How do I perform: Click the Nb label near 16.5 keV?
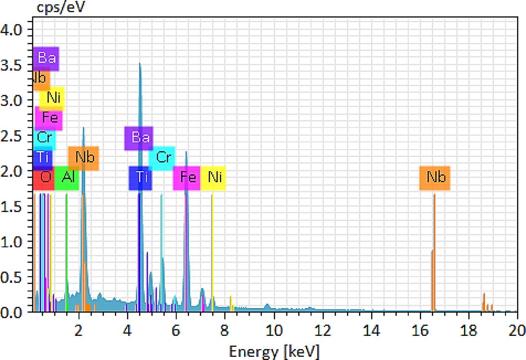coord(434,177)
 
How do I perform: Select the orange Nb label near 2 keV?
coord(84,158)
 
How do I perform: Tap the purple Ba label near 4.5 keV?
coord(139,138)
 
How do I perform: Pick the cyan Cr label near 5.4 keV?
coord(162,158)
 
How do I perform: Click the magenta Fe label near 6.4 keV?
coord(187,177)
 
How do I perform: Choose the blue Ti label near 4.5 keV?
coord(141,177)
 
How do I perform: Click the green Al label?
coord(67,177)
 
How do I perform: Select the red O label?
coord(44,177)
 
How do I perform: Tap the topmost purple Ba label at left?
coord(46,58)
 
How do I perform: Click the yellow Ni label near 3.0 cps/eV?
coord(52,98)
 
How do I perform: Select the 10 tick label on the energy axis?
coord(274,329)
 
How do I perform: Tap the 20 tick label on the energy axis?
coord(516,329)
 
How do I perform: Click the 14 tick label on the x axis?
coord(371,329)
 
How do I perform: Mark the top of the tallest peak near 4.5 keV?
coord(140,64)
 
